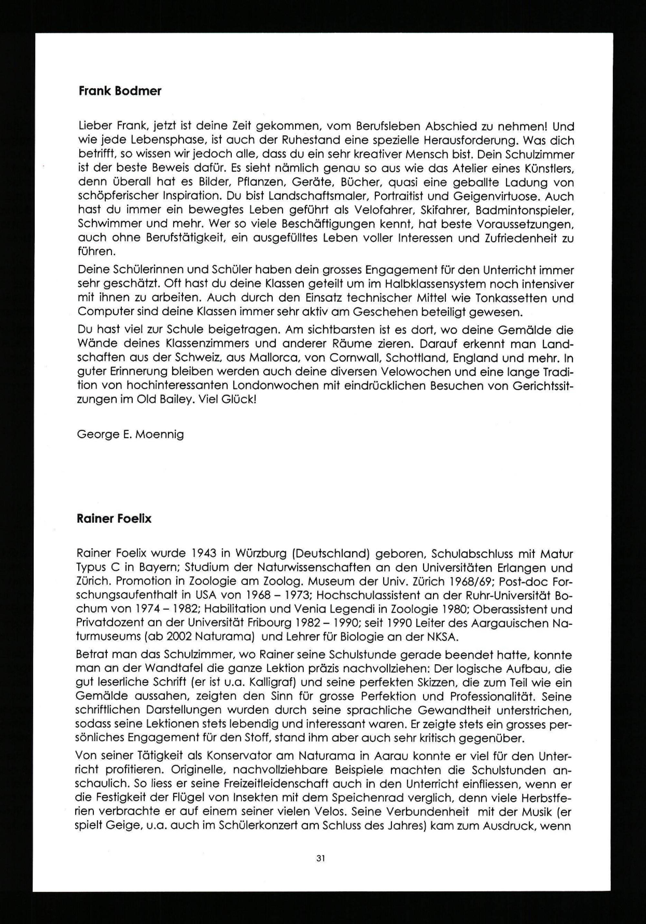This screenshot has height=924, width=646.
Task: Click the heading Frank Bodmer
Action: coord(120,91)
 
